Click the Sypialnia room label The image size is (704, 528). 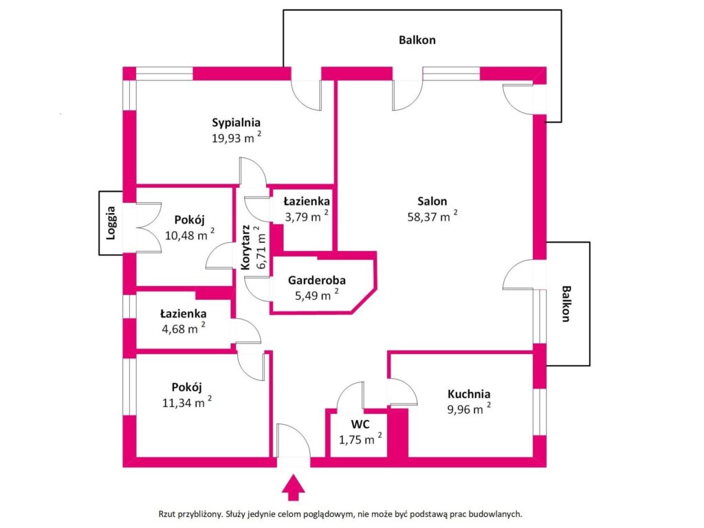236,123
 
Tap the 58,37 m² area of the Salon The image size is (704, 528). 431,216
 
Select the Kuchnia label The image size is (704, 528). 468,395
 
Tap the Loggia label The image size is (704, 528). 111,223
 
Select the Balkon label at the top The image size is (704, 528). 417,40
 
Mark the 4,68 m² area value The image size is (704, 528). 182,329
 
